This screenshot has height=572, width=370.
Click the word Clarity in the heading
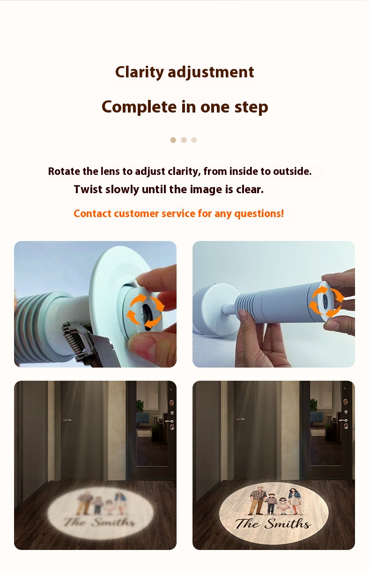coord(139,72)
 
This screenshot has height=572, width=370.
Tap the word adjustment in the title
coord(211,72)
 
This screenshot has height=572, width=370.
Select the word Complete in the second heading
coord(139,107)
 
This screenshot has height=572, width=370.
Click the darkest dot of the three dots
coord(173,140)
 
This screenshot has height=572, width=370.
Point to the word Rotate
coord(64,171)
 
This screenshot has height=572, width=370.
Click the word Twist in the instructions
coord(89,189)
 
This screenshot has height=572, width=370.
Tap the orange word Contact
coord(92,213)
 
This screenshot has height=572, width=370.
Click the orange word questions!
coord(259,214)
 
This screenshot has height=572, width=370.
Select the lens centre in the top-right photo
coord(326,301)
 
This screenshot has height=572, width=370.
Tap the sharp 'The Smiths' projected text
coord(273,524)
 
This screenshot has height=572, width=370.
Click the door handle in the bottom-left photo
coord(67,420)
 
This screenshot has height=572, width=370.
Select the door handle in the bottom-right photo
coord(240,419)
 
